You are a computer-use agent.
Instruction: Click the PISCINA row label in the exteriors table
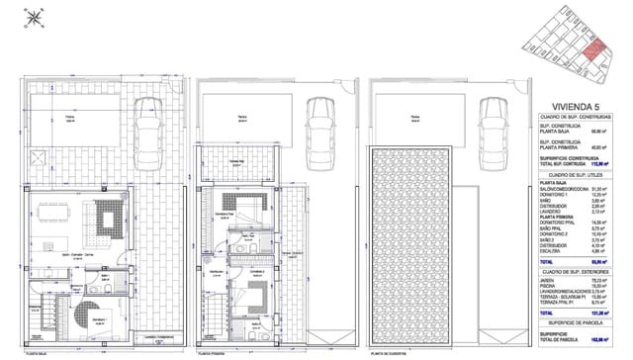(x=548, y=285)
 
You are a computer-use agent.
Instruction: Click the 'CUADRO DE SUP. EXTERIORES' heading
(x=578, y=270)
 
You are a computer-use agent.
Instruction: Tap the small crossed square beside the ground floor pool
(x=41, y=158)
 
